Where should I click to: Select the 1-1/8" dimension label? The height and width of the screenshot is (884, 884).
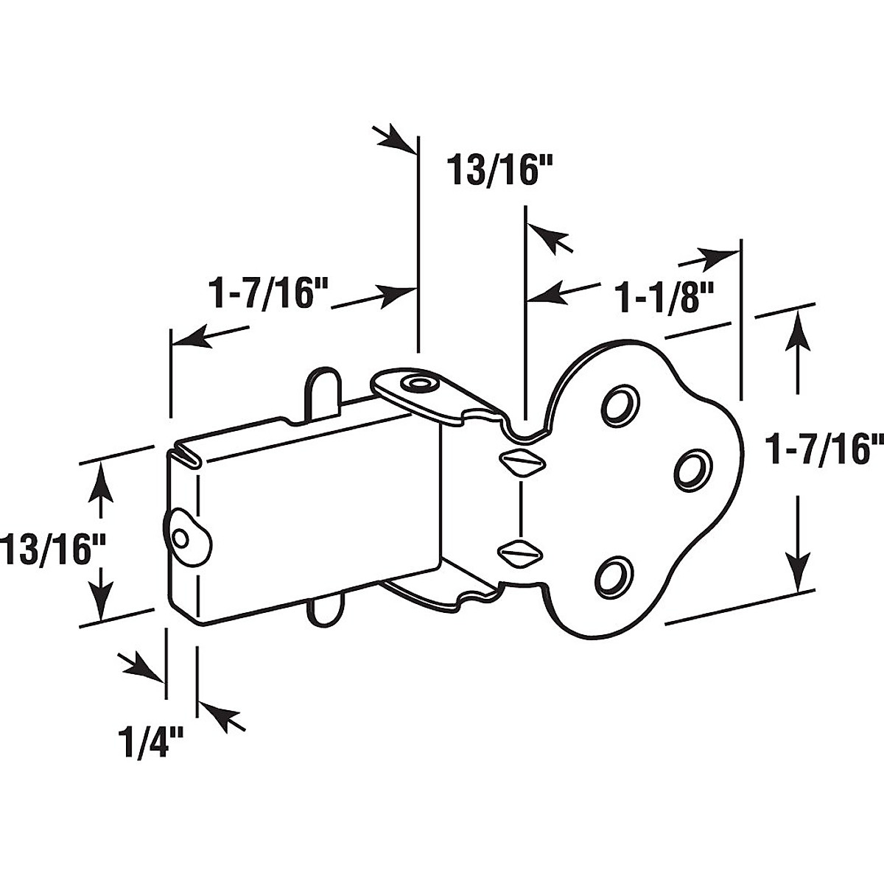655,298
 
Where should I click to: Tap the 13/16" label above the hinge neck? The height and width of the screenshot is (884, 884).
499,172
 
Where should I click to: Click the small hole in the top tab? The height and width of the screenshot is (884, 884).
421,384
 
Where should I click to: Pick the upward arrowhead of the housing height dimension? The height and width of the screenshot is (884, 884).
102,478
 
